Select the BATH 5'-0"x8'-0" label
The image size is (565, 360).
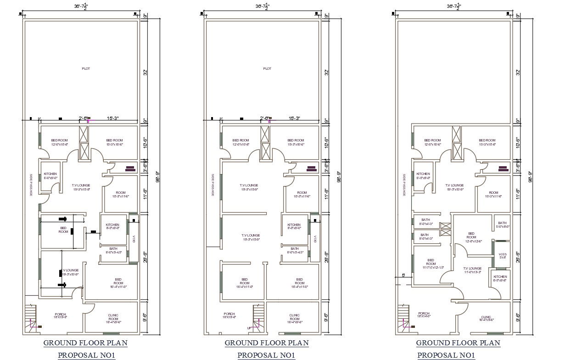pos(503,225)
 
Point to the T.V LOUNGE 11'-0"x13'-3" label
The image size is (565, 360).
pos(472,270)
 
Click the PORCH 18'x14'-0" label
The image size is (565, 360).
pos(424,315)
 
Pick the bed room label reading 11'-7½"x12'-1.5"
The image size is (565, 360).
pos(431,264)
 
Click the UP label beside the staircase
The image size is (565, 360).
pos(249,328)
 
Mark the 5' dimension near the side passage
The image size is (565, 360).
pos(403,276)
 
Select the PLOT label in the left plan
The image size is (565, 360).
pos(86,68)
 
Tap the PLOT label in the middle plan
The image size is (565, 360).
pos(267,68)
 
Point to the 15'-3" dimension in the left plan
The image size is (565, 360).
pos(112,118)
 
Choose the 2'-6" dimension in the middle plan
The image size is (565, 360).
pos(265,118)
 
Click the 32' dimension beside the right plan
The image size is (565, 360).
pos(518,73)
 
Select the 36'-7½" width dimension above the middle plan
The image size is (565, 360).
pos(262,6)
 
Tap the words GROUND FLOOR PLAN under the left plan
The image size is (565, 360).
pos(85,343)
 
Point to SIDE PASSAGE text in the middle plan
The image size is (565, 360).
pos(213,185)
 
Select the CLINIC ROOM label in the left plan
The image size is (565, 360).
pos(113,318)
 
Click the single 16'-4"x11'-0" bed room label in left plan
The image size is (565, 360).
pos(118,283)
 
